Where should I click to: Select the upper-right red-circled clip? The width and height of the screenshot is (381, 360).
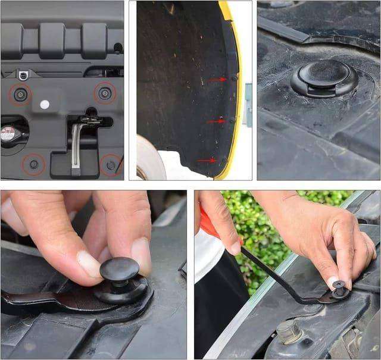[106, 91]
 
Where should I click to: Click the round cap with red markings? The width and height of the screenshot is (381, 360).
[7, 134]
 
